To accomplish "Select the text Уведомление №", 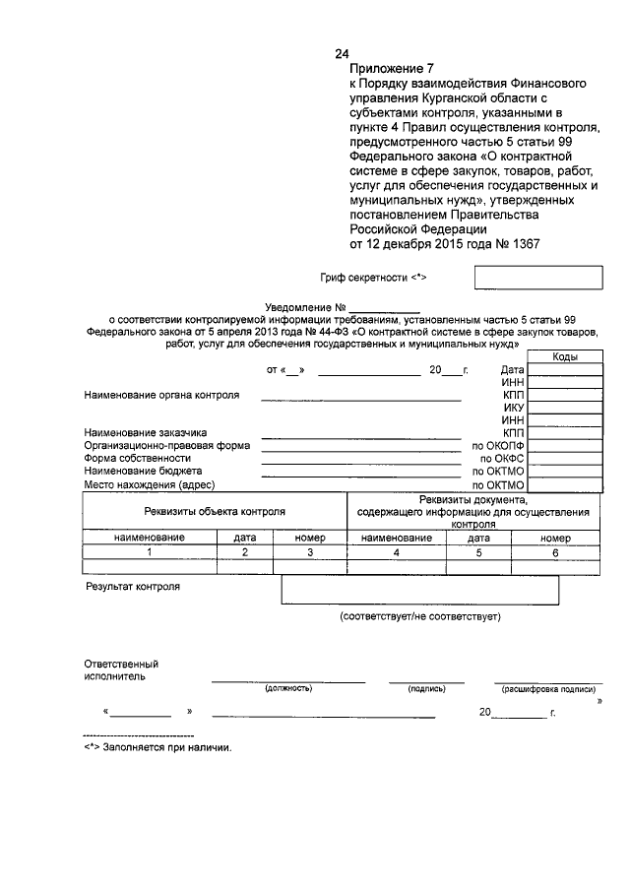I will [x=308, y=307].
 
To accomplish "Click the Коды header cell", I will [x=565, y=357].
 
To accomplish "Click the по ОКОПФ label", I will [x=498, y=445].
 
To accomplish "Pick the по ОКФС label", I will [x=501, y=459].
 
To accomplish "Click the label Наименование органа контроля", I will [x=162, y=395].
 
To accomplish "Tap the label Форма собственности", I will [x=137, y=459].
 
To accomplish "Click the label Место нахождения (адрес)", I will [x=149, y=485].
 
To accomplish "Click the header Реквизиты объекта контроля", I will [x=215, y=512].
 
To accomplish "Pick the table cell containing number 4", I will [x=396, y=552].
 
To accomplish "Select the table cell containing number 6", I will [x=554, y=552].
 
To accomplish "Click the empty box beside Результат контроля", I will [x=419, y=590].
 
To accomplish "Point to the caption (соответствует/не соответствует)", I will [x=420, y=616].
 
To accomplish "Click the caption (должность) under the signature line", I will [x=287, y=689].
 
